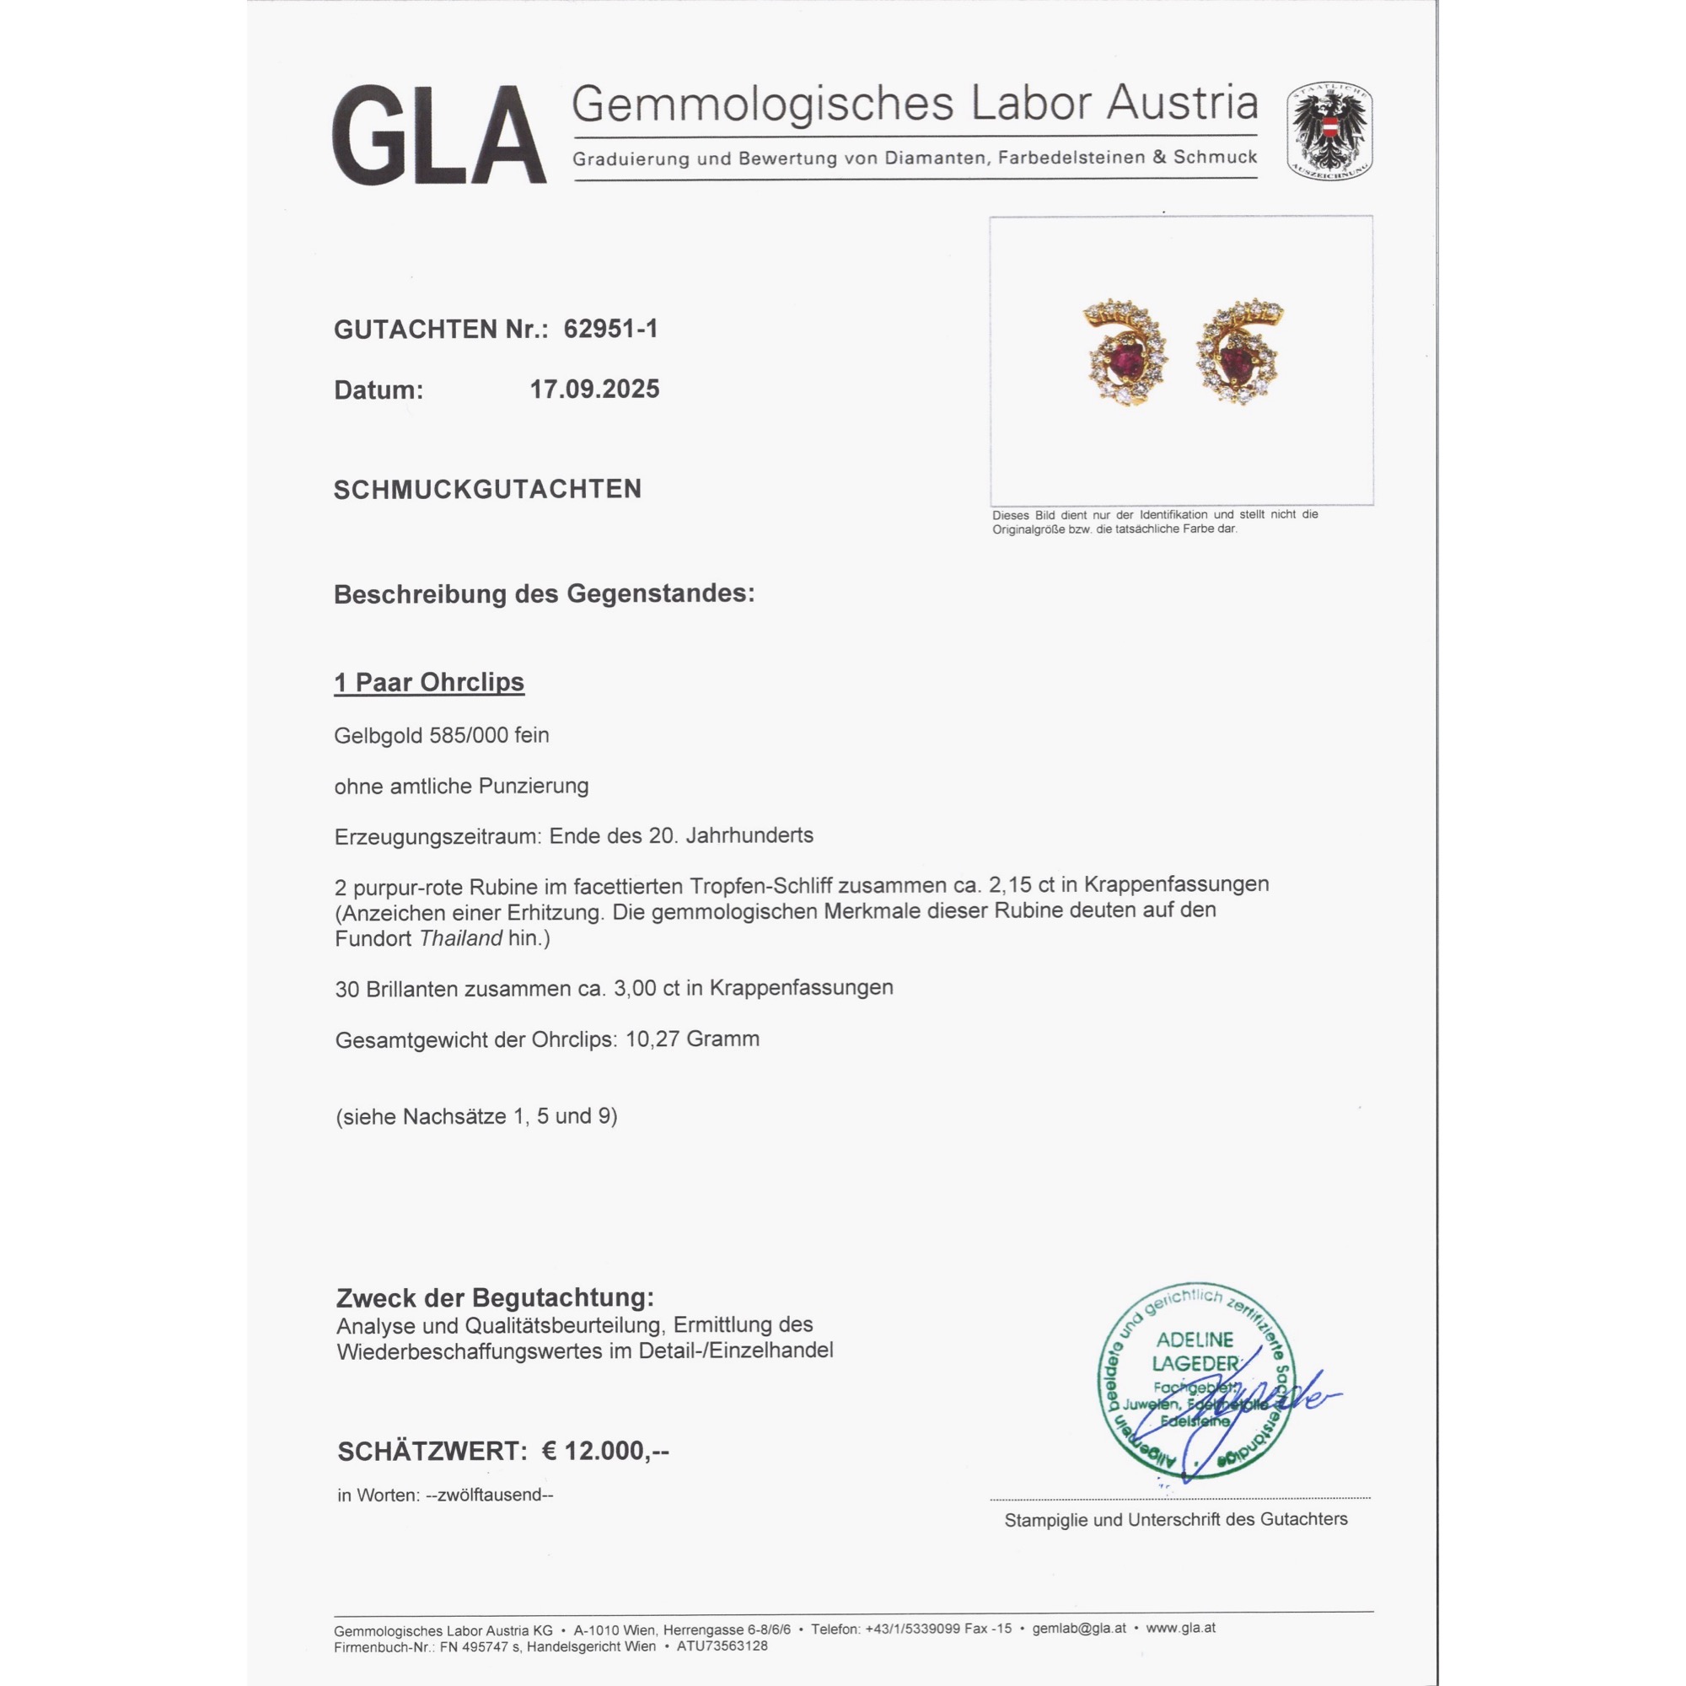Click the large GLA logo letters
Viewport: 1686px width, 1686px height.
[x=438, y=135]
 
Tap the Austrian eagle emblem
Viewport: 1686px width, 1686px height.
[x=1329, y=132]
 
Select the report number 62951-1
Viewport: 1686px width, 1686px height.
[x=610, y=329]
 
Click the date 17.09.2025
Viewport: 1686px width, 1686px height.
[x=594, y=389]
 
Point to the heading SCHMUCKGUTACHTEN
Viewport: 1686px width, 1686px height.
[x=487, y=490]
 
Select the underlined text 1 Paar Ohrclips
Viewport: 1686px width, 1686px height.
[x=428, y=683]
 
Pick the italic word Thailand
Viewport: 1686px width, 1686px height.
[x=460, y=939]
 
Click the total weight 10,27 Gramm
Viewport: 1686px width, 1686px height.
[x=692, y=1039]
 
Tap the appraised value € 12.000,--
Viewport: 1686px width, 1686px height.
[x=605, y=1452]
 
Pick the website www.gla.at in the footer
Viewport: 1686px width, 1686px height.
[x=1181, y=1629]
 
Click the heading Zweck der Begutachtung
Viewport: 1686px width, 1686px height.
[x=495, y=1297]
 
